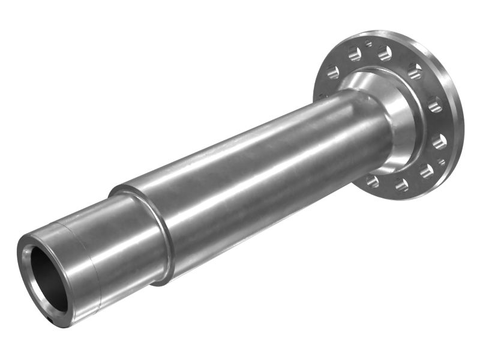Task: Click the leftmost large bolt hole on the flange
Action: pos(332,71)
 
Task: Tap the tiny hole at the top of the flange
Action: pos(368,43)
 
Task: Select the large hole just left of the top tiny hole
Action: pos(355,53)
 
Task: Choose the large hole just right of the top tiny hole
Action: pos(385,53)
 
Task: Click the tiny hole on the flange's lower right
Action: pos(441,162)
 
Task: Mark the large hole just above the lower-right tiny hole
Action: pos(439,142)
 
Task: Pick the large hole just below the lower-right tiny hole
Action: pos(426,171)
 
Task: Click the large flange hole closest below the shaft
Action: pos(373,181)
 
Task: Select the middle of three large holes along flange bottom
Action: pos(402,184)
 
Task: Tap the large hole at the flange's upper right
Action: pos(415,71)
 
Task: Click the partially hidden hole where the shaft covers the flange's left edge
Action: pos(321,96)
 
